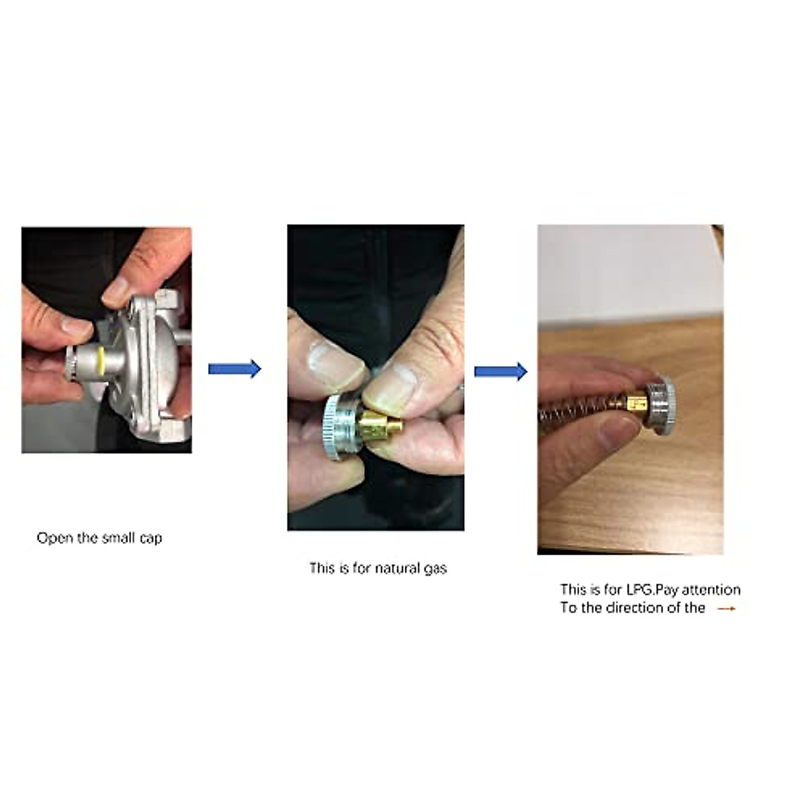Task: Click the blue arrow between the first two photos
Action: [234, 369]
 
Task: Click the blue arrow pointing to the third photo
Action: [500, 371]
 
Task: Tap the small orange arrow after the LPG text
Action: [726, 609]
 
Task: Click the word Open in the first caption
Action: [54, 538]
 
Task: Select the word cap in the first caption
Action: [151, 539]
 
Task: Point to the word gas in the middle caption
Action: [435, 569]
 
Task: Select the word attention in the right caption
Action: [711, 590]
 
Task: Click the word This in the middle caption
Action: [322, 568]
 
